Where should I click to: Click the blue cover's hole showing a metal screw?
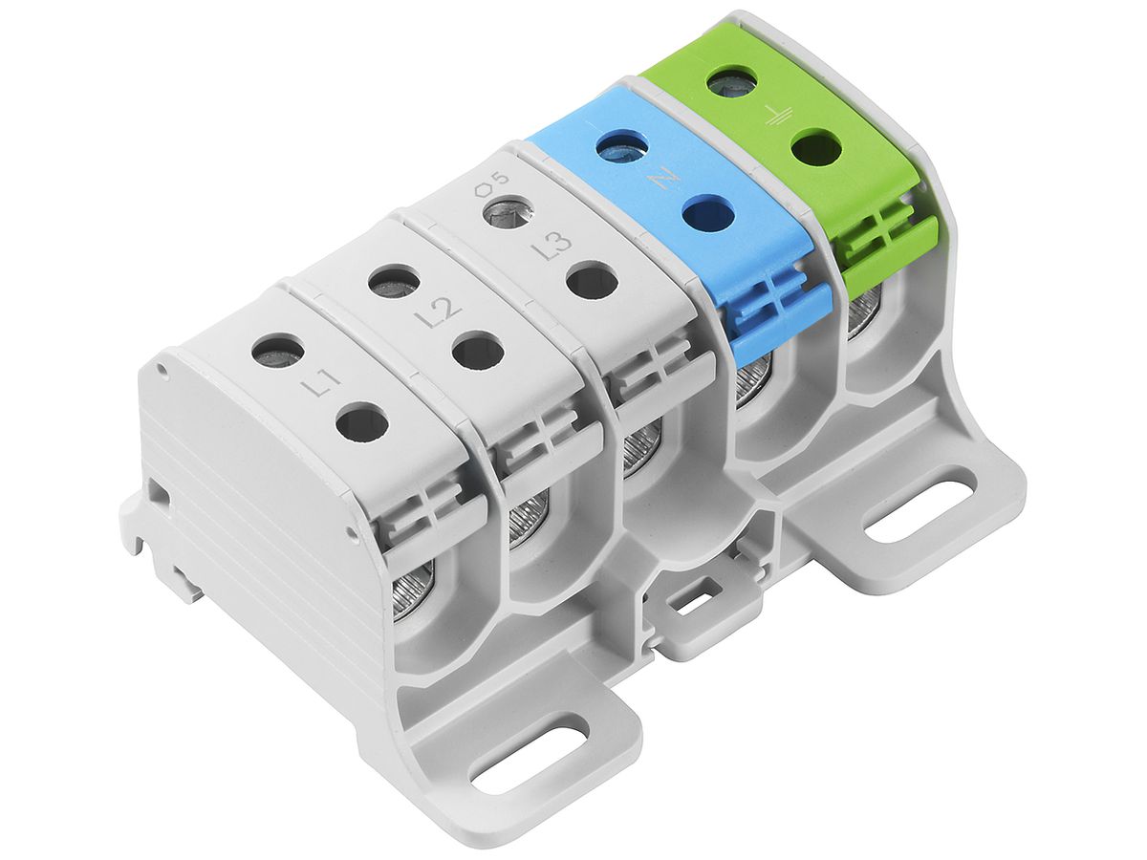pyautogui.click(x=621, y=147)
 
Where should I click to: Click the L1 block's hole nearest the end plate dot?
pyautogui.click(x=278, y=351)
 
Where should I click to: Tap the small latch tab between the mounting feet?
pyautogui.click(x=691, y=605)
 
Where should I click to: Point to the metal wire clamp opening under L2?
pyautogui.click(x=527, y=522)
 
